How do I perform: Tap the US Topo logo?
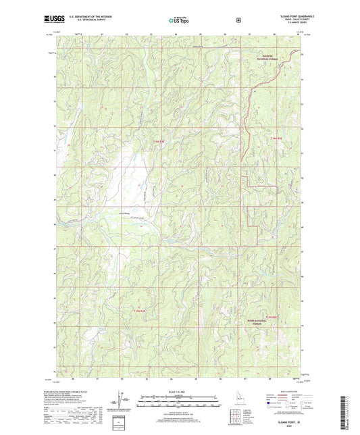point(179,20)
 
